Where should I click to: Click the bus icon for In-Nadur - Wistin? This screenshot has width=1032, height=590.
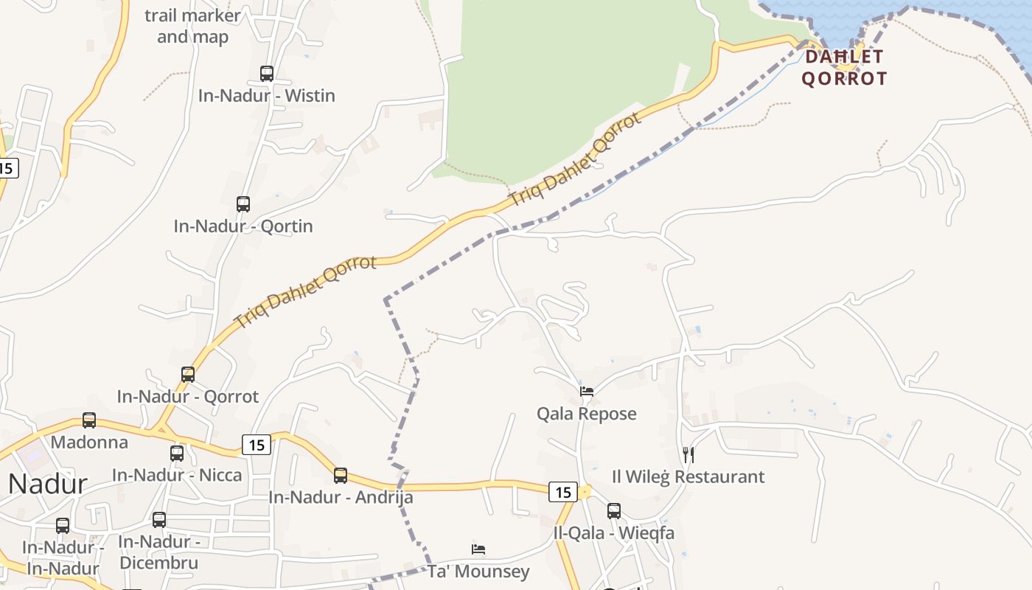point(267,74)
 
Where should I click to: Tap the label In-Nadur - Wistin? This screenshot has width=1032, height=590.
point(267,96)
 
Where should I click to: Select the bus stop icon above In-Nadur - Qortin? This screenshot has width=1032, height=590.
point(243,204)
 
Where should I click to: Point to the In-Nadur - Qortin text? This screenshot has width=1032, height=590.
point(243,226)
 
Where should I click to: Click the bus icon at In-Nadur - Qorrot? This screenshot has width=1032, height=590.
point(188,375)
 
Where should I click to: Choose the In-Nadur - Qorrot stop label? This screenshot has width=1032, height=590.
point(188,397)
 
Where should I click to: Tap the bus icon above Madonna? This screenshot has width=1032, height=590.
point(89,420)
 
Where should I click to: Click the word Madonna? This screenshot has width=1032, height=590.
point(89,442)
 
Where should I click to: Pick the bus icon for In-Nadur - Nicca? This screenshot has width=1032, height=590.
point(177,454)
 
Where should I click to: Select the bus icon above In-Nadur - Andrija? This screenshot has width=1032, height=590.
point(341,476)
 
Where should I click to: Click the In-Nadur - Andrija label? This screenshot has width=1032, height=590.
point(341,498)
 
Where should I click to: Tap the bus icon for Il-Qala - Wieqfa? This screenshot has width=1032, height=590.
point(614,510)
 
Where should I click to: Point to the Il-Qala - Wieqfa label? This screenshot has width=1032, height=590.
point(614,532)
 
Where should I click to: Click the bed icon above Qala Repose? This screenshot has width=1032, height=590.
point(587,392)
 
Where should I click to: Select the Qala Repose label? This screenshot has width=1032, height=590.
point(587,414)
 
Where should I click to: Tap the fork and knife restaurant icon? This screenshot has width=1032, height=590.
point(688,454)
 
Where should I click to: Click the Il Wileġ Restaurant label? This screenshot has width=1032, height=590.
point(688,476)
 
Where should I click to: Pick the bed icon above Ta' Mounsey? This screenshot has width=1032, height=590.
point(478,549)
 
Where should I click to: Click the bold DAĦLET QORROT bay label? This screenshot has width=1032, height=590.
point(844,67)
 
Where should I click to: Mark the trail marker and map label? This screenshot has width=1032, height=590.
point(192,26)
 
